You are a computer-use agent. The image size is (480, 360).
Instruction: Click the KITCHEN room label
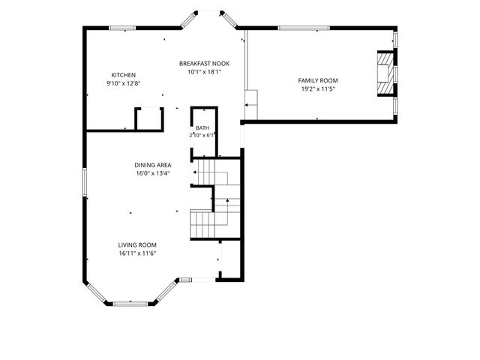123,75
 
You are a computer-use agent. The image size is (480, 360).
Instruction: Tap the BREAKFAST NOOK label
204,64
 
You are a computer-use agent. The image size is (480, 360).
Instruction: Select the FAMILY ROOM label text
318,80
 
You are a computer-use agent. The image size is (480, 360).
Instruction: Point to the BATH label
202,128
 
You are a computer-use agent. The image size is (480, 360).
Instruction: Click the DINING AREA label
153,165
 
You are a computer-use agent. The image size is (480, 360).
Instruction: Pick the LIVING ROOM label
137,245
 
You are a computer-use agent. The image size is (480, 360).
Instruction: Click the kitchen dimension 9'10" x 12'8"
123,83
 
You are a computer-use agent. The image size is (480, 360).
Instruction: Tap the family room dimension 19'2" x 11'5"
318,89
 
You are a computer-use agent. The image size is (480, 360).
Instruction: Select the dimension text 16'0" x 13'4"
153,173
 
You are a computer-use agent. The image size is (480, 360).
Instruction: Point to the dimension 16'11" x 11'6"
137,253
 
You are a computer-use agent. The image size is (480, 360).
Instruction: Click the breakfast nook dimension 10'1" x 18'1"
204,72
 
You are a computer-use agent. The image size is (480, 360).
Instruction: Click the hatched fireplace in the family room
385,73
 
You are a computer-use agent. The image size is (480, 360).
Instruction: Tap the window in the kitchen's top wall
122,28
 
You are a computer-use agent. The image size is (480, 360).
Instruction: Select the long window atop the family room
304,28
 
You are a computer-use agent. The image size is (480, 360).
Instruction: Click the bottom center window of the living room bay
130,304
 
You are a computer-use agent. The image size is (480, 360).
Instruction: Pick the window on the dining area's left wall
85,182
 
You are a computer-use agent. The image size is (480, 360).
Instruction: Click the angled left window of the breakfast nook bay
189,20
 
